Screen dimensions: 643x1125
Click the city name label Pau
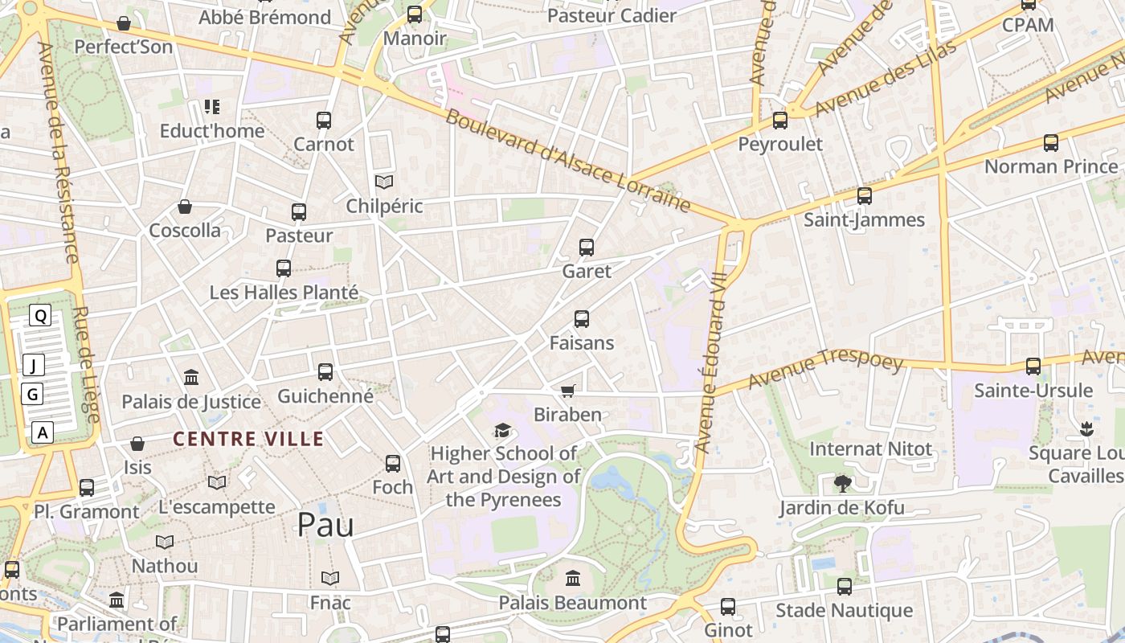tap(325, 525)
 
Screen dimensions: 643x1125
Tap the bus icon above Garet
tap(587, 248)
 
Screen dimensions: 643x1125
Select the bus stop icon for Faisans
tap(582, 319)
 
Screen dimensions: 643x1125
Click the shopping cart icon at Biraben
tap(568, 391)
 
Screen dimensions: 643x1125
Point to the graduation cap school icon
tap(503, 431)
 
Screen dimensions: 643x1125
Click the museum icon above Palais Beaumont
tap(573, 578)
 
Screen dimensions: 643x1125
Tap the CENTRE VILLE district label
tap(248, 439)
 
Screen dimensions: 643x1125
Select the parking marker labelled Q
tap(40, 316)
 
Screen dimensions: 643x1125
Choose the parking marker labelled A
tap(43, 432)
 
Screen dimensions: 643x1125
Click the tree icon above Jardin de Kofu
tap(842, 483)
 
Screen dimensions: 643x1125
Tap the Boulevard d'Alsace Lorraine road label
tap(567, 161)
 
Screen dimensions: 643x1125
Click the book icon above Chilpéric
tap(384, 182)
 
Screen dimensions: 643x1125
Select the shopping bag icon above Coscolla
tap(185, 207)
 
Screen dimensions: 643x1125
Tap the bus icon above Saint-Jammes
tap(865, 196)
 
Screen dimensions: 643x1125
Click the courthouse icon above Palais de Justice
tap(191, 377)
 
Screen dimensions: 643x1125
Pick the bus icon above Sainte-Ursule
tap(1033, 367)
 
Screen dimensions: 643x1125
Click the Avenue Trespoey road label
tap(825, 370)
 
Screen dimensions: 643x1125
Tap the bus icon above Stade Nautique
tap(845, 587)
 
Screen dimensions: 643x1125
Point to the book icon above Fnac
tap(330, 578)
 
